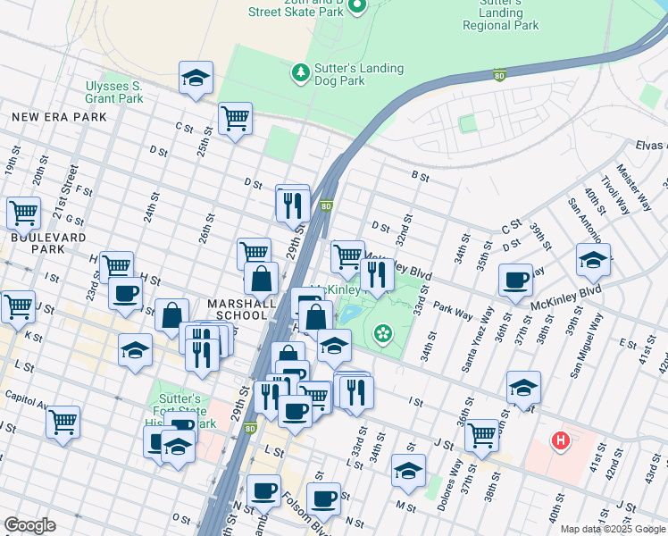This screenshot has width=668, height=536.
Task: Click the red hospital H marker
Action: tap(561, 440)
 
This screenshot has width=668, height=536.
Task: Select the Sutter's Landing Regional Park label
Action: tap(500, 13)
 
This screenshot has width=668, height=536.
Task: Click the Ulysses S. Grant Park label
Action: tap(113, 91)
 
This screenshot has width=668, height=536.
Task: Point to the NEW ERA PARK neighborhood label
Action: tap(59, 117)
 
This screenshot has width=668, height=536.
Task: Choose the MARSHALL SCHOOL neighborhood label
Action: tap(241, 309)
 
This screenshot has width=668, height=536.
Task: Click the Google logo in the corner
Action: tap(29, 525)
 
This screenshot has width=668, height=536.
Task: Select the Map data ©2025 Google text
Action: tap(613, 529)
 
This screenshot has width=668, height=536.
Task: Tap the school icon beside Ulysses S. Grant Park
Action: tap(196, 78)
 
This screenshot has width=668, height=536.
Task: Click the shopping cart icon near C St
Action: tap(235, 118)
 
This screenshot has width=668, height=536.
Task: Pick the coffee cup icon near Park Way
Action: tap(515, 280)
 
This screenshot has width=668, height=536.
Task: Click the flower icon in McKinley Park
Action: tap(384, 334)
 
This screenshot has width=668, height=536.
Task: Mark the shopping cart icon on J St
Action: tap(481, 435)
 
